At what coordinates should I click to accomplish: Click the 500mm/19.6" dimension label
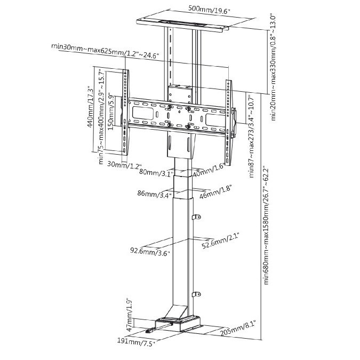209,10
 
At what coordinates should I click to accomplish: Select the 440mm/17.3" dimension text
91,107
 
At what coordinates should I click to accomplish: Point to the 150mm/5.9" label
111,113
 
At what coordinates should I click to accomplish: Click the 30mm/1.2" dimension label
124,165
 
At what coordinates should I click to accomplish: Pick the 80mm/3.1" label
156,172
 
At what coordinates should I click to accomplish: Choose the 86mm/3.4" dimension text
154,194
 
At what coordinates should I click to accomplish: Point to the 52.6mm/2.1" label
221,241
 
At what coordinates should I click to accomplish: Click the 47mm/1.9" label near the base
129,316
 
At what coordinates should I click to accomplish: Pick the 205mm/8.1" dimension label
238,329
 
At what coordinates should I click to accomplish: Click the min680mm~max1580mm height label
266,226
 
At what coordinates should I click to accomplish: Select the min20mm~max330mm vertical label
273,67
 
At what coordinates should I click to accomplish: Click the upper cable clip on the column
196,217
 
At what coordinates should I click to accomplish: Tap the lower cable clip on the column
196,294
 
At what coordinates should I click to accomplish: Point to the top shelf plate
183,25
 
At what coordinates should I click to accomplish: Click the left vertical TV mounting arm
125,113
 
